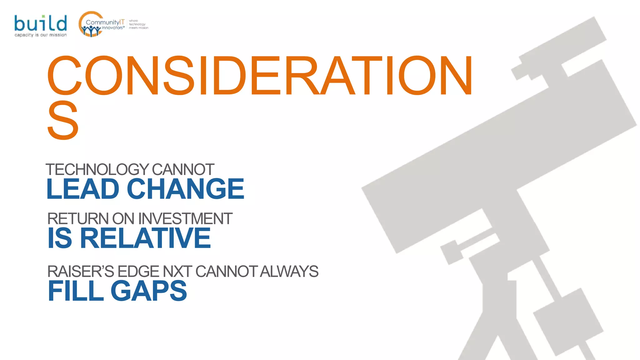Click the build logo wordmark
point(40,23)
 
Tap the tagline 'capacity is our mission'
point(40,35)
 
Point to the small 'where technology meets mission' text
point(138,24)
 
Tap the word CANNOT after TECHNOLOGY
point(183,170)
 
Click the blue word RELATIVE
point(145,238)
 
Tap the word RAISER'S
point(81,271)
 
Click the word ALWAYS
point(289,271)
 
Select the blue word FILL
point(76,291)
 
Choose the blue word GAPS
point(149,291)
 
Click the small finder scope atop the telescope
point(559,47)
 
